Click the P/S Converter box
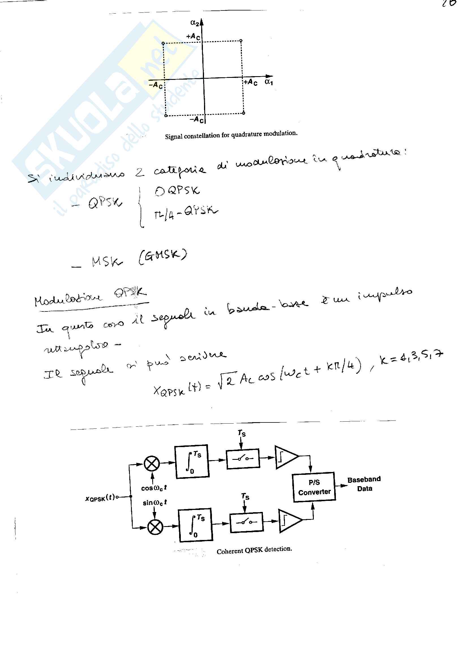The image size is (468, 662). (x=314, y=487)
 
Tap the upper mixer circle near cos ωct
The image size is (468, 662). (x=152, y=464)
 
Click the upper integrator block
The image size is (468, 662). (x=192, y=461)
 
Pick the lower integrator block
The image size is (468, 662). (x=196, y=525)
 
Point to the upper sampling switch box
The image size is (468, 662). (x=243, y=458)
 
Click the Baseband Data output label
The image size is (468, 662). (x=364, y=484)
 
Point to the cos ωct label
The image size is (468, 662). (x=154, y=488)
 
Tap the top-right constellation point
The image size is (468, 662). (x=241, y=41)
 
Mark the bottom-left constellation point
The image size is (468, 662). (x=166, y=116)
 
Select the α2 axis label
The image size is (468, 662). (x=194, y=22)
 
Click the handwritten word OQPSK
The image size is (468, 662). (x=177, y=191)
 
